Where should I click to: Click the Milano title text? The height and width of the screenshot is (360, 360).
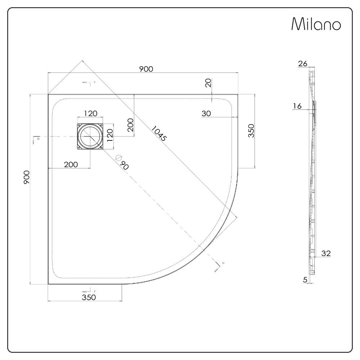pos(316,24)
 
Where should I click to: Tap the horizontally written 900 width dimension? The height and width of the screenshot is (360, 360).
pos(147,69)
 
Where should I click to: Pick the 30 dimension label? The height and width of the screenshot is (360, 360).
pos(206,113)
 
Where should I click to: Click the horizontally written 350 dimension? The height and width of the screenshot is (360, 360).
pos(89,297)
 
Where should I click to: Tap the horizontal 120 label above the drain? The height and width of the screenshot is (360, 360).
pos(90,113)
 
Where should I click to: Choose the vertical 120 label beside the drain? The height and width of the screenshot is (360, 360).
pos(111,136)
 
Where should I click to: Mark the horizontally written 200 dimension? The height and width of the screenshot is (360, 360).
pos(71,165)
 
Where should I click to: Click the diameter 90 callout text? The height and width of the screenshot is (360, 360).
pos(122,163)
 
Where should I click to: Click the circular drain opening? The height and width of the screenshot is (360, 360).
pos(90,137)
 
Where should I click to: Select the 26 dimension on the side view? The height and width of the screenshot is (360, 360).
pos(302,64)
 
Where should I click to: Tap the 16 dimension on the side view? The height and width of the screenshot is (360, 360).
pos(297,106)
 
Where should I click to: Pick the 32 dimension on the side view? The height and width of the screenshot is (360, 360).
pos(326,253)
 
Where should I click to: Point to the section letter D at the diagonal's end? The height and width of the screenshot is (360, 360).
pos(223,263)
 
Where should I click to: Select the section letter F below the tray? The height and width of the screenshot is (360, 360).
pos(95,291)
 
